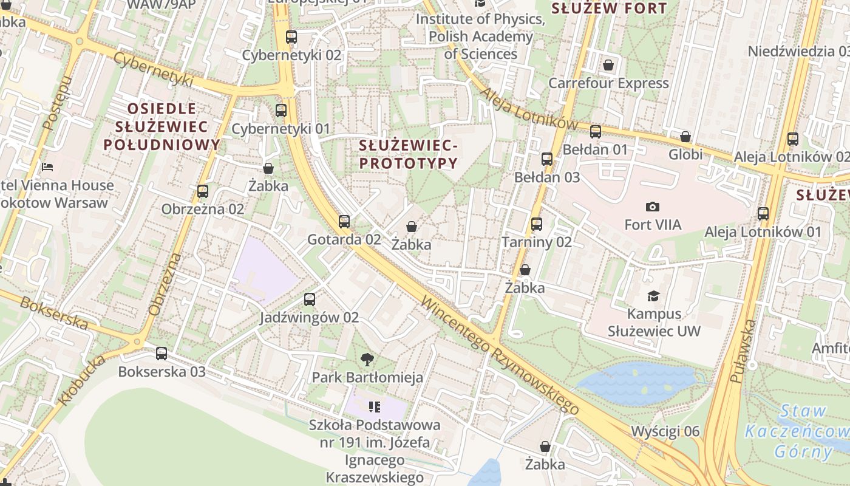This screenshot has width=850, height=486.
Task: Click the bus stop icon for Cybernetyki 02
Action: [x=291, y=37]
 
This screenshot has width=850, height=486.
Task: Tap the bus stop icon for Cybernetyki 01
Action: [x=280, y=111]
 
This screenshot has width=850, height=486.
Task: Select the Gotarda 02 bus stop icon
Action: [x=344, y=222]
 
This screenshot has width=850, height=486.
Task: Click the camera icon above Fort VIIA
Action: [x=653, y=207]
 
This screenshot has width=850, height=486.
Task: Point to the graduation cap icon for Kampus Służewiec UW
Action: [x=653, y=296]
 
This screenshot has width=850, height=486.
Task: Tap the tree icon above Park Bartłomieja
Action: [x=367, y=360]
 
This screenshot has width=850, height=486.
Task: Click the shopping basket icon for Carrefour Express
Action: [x=608, y=65]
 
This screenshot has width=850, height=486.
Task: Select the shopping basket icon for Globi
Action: [x=685, y=137]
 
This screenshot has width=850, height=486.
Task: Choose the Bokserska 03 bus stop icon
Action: [x=161, y=354]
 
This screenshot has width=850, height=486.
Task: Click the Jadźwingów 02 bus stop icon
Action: [x=310, y=299]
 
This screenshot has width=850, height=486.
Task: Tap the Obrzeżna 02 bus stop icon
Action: [x=203, y=191]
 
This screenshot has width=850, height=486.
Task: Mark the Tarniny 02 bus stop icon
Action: [x=537, y=224]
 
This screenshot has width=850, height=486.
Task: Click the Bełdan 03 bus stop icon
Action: [x=547, y=159]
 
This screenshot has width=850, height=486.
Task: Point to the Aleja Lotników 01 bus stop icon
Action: [x=763, y=214]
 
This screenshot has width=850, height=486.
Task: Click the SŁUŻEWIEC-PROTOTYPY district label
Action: [x=407, y=154]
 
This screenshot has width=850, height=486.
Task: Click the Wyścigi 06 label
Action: [x=665, y=431]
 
